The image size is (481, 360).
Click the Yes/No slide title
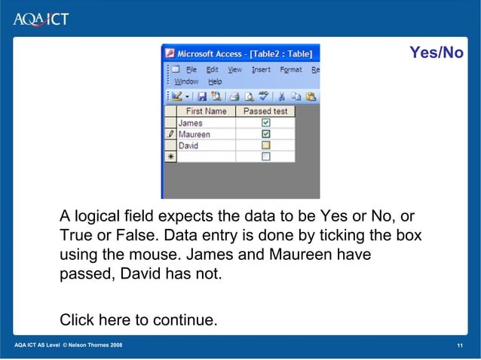pyautogui.click(x=436, y=53)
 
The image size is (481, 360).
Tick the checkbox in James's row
pyautogui.click(x=265, y=123)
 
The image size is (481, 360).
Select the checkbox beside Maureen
pyautogui.click(x=265, y=134)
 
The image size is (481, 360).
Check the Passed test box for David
pyautogui.click(x=265, y=145)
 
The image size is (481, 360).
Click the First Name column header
pyautogui.click(x=205, y=111)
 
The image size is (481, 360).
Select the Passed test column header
pyautogui.click(x=265, y=111)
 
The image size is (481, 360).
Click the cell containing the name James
pyautogui.click(x=205, y=123)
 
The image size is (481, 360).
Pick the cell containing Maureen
pyautogui.click(x=205, y=134)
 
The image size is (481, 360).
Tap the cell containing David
pyautogui.click(x=205, y=145)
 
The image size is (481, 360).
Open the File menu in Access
pyautogui.click(x=192, y=69)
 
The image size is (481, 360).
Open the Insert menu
pyautogui.click(x=261, y=69)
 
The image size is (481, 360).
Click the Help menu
pyautogui.click(x=215, y=81)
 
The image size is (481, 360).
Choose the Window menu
pyautogui.click(x=186, y=81)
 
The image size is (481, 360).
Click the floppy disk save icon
pyautogui.click(x=201, y=96)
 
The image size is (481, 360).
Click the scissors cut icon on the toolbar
pyautogui.click(x=280, y=96)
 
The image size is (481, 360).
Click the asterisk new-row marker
pyautogui.click(x=170, y=157)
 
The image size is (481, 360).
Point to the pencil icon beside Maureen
pyautogui.click(x=170, y=134)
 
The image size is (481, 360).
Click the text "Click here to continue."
pyautogui.click(x=139, y=321)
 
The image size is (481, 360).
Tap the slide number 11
pyautogui.click(x=459, y=345)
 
